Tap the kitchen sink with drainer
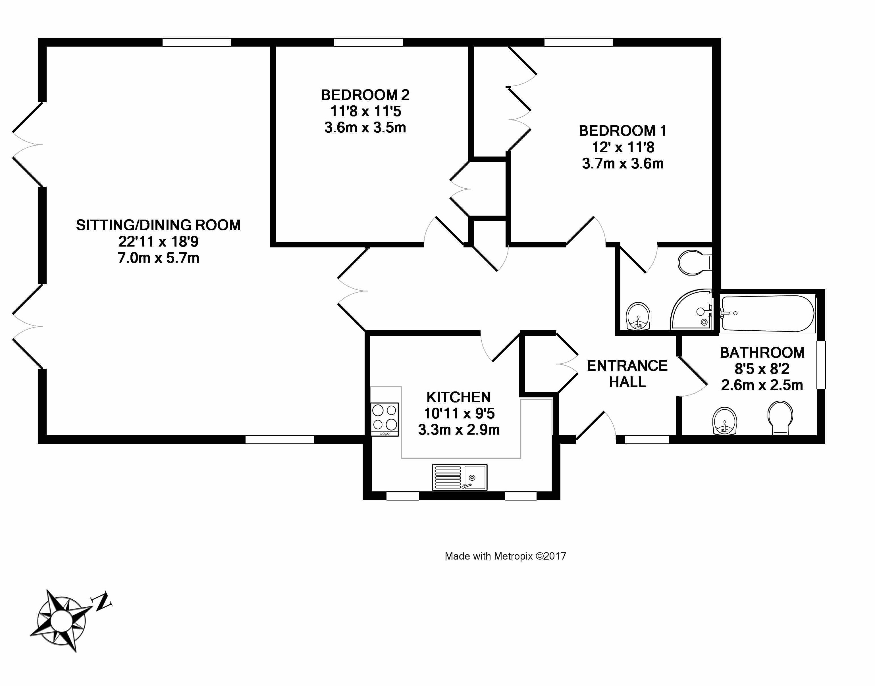(x=460, y=477)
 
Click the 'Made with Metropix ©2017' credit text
(x=505, y=556)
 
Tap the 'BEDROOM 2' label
(x=365, y=95)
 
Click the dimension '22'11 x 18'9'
(x=158, y=241)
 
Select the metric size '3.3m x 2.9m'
(x=459, y=430)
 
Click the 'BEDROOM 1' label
(x=622, y=131)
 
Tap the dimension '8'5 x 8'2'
(x=762, y=369)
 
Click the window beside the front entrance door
(x=647, y=439)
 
